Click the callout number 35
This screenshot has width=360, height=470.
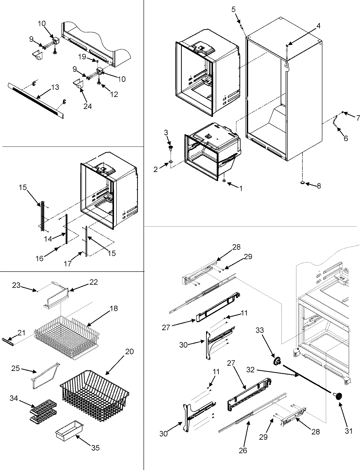tap(95, 448)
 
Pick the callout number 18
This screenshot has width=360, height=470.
tap(114, 309)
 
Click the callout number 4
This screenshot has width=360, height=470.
tap(318, 26)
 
